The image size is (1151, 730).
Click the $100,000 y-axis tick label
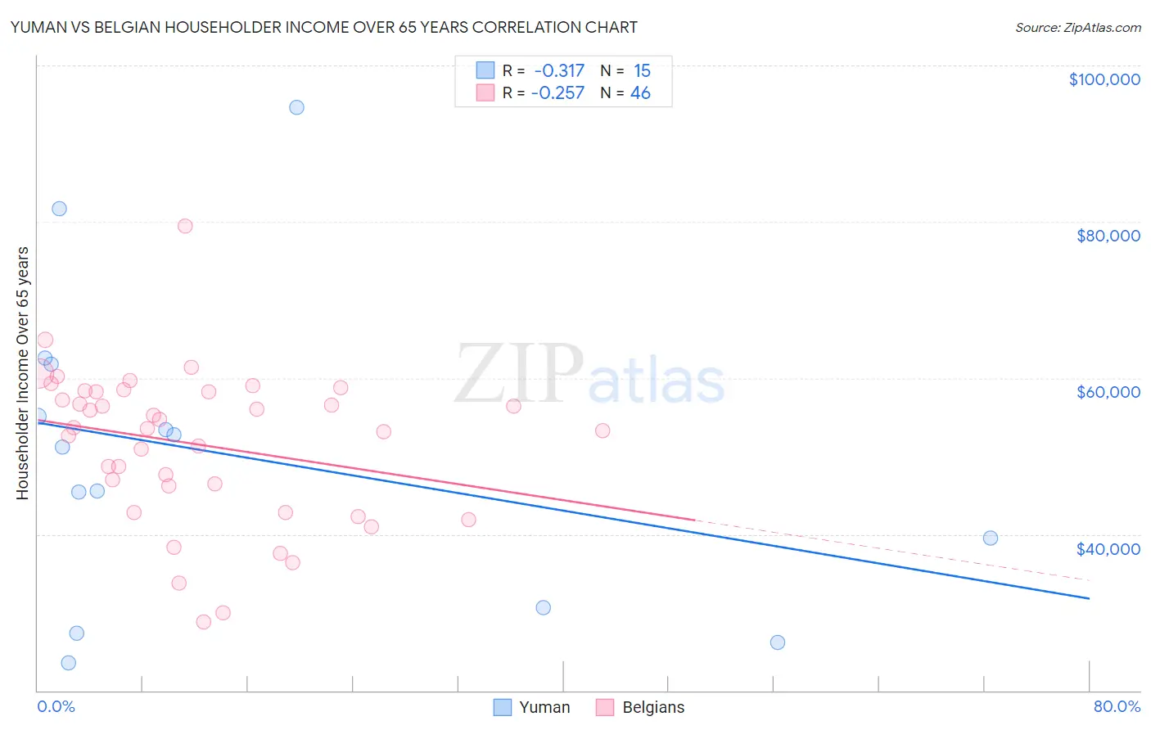click(x=1104, y=79)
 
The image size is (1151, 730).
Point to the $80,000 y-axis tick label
click(x=1108, y=236)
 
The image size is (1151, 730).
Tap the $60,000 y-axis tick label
click(x=1108, y=392)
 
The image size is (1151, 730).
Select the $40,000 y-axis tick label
click(x=1108, y=548)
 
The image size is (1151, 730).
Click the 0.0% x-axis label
click(x=56, y=706)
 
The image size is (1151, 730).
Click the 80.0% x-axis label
click(x=1117, y=706)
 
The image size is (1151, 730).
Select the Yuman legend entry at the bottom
click(x=532, y=707)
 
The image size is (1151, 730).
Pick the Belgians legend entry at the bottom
click(x=640, y=707)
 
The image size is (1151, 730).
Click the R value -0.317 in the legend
click(x=559, y=71)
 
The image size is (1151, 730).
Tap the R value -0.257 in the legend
click(x=557, y=93)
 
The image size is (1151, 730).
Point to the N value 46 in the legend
click(x=640, y=93)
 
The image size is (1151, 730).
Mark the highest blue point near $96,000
click(x=296, y=107)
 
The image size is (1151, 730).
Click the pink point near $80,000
click(x=185, y=226)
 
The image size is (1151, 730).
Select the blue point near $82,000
click(x=59, y=209)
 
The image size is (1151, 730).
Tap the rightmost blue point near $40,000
click(x=991, y=538)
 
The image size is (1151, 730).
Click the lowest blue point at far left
click(x=69, y=663)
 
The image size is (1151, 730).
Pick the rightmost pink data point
click(x=603, y=430)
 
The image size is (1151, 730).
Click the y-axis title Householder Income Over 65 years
click(x=23, y=372)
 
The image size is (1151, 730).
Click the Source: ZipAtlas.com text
click(x=1077, y=28)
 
